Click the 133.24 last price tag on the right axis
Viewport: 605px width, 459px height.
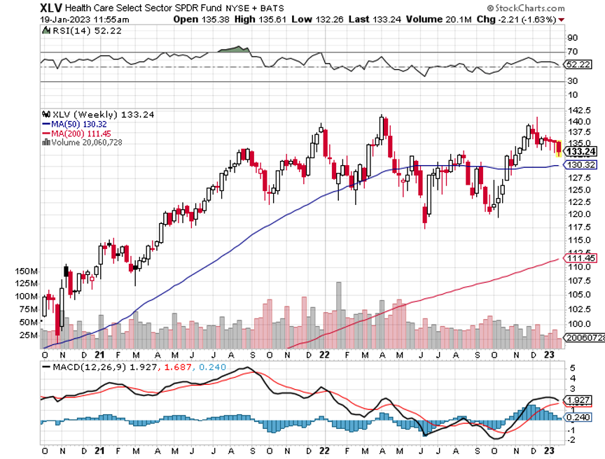(580, 151)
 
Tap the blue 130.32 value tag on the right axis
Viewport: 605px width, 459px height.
(580, 165)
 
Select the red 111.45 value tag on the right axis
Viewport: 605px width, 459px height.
(580, 258)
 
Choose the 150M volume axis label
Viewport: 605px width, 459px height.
(25, 271)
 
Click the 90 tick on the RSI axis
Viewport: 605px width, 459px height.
(571, 37)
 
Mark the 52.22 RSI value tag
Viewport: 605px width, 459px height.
(579, 64)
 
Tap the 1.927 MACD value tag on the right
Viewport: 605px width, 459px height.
(579, 400)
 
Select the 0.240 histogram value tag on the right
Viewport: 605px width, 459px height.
(579, 417)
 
